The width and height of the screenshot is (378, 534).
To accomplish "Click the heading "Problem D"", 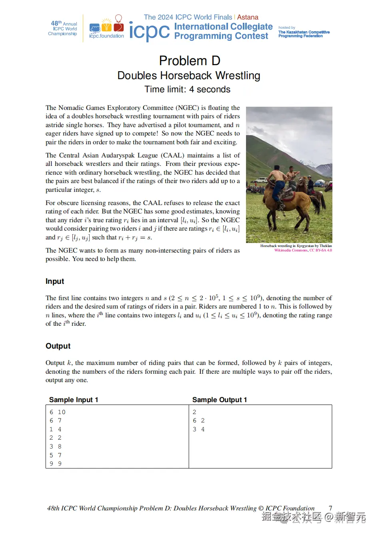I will click(189, 61).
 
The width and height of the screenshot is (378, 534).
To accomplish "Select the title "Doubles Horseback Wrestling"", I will click(189, 76).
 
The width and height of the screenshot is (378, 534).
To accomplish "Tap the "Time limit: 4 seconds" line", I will click(187, 90).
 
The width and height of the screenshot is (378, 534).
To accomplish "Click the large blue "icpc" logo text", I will click(149, 31).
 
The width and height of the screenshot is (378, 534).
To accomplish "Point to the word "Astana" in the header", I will click(248, 17).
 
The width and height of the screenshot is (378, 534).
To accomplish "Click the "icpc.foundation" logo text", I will click(107, 36).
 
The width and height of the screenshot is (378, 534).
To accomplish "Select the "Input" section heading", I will click(55, 281).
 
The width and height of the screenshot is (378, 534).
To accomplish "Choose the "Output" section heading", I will click(58, 346).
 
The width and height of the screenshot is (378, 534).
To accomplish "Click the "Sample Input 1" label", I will click(74, 400).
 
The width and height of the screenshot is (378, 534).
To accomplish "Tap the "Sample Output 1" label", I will click(220, 400).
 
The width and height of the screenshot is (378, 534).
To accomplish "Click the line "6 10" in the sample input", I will click(58, 412).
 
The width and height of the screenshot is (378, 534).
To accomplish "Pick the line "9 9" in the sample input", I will click(56, 464).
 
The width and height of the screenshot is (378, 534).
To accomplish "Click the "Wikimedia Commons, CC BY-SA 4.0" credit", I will click(303, 250).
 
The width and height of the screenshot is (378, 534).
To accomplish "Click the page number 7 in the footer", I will click(330, 508).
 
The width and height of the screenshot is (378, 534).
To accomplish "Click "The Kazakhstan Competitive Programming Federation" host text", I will click(304, 34).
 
